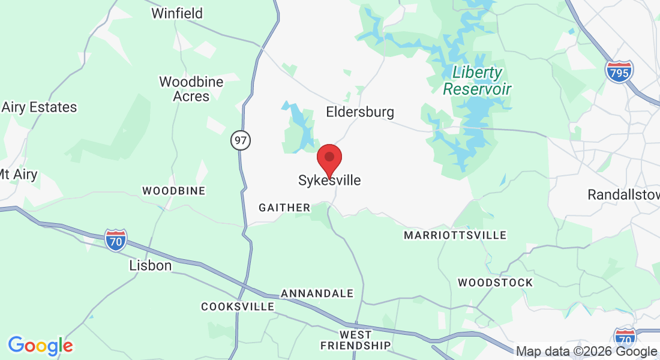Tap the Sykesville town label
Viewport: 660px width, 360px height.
pyautogui.click(x=329, y=180)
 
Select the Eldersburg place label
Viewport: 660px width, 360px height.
pyautogui.click(x=360, y=112)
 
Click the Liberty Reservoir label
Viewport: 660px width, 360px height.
pyautogui.click(x=477, y=81)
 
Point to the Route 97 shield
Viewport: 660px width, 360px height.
pyautogui.click(x=241, y=141)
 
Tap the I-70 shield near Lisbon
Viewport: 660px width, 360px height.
pyautogui.click(x=116, y=239)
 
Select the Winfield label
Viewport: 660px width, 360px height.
pyautogui.click(x=177, y=13)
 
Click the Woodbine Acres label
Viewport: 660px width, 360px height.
pyautogui.click(x=191, y=89)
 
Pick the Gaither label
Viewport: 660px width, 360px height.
pyautogui.click(x=284, y=208)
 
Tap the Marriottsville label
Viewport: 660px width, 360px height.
pyautogui.click(x=455, y=235)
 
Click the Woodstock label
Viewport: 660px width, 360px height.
pyautogui.click(x=495, y=282)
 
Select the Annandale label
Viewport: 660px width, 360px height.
pyautogui.click(x=317, y=293)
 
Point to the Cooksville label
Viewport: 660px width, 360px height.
pyautogui.click(x=238, y=307)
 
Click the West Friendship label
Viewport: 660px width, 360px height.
pyautogui.click(x=355, y=340)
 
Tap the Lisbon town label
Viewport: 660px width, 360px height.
pyautogui.click(x=151, y=265)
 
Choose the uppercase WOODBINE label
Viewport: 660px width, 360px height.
pyautogui.click(x=173, y=191)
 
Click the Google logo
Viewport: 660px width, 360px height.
pyautogui.click(x=40, y=345)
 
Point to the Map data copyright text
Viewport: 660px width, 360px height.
pyautogui.click(x=586, y=352)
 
